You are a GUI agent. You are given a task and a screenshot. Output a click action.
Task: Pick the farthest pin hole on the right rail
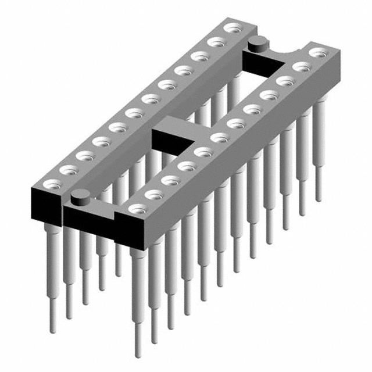coord(318,53)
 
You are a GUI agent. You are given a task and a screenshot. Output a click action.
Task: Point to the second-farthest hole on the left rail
coord(217,42)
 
